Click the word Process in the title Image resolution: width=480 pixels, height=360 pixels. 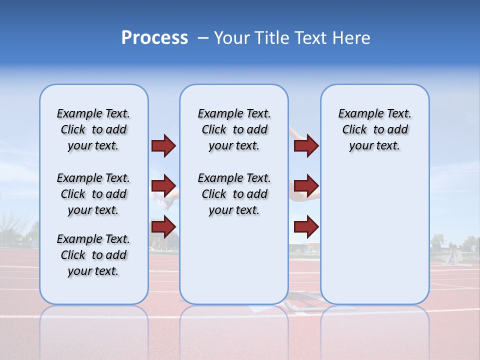(x=154, y=37)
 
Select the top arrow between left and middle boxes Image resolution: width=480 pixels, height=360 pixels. (x=163, y=146)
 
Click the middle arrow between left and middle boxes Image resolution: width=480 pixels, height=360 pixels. (x=163, y=186)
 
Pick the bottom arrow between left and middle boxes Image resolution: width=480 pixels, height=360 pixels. (x=163, y=226)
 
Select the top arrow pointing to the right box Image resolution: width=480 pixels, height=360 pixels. (x=306, y=146)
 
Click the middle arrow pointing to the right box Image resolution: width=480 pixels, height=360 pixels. (x=306, y=186)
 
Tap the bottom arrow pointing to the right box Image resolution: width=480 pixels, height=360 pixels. (x=306, y=226)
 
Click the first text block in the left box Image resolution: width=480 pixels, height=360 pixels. (x=93, y=129)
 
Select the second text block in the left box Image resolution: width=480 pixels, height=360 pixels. (x=93, y=194)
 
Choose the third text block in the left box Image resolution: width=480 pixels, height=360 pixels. (x=93, y=255)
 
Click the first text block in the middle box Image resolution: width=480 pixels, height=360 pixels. (x=234, y=129)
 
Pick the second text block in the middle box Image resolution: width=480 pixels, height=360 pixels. (x=234, y=194)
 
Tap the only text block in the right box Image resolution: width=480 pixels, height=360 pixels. (x=374, y=129)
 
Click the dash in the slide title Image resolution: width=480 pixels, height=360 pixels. (x=203, y=38)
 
